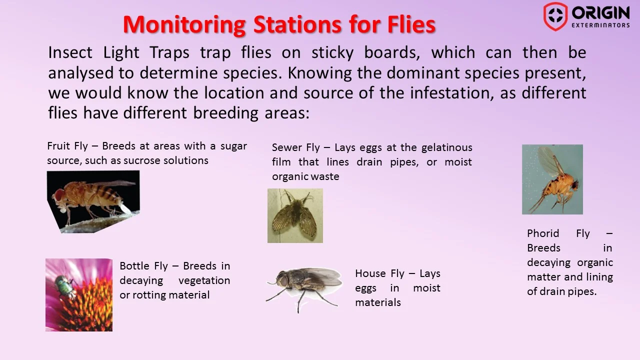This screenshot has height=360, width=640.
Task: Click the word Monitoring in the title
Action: [x=184, y=25]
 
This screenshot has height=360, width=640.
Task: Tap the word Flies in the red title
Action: [x=411, y=24]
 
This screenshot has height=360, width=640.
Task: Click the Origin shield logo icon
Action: [x=555, y=16]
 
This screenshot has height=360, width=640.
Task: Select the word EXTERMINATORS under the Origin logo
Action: [x=600, y=25]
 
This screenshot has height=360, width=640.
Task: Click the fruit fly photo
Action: [x=93, y=201]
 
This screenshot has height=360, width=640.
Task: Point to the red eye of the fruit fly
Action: [x=59, y=194]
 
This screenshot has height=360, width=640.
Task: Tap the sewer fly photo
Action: [x=295, y=215]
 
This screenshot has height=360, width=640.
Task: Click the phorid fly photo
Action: [x=552, y=179]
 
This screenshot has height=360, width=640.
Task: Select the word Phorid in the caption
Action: [x=543, y=233]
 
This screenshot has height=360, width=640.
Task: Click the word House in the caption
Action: [x=370, y=273]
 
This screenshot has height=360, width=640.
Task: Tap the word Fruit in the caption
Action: [x=58, y=146]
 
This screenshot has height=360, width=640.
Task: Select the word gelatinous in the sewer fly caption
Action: [x=446, y=147]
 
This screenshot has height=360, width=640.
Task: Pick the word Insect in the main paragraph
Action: [x=70, y=52]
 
